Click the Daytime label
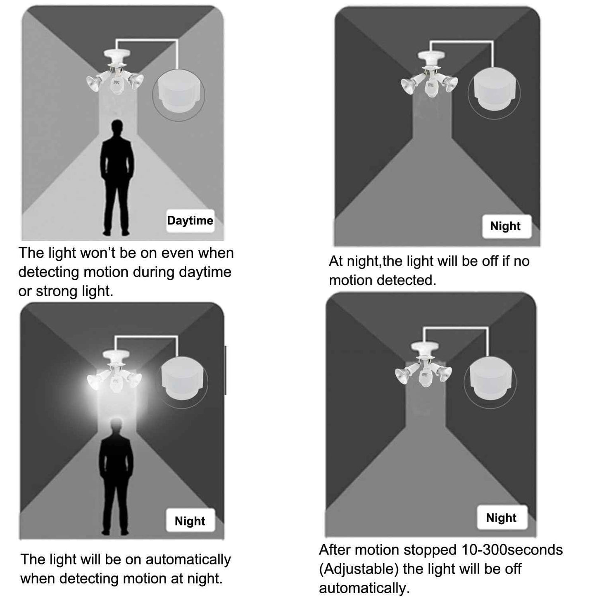190,221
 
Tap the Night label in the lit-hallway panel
190,521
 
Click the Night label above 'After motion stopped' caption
502,517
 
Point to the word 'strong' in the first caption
54,292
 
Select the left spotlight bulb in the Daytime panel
94,83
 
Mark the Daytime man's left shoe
107,232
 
